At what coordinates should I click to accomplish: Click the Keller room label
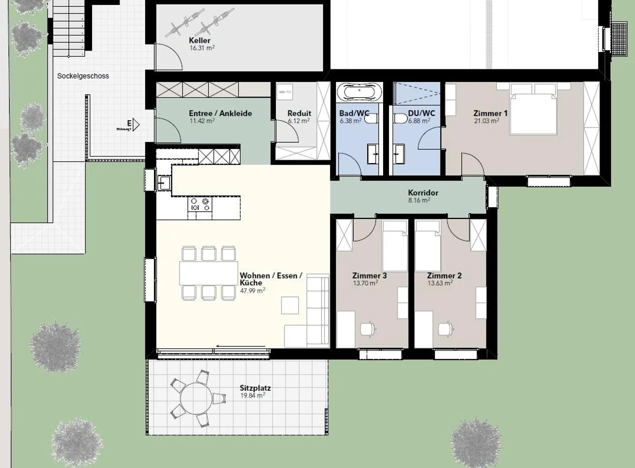tap(200, 40)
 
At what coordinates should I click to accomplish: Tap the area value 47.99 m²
tap(252, 291)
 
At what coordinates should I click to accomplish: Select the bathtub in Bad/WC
tap(359, 93)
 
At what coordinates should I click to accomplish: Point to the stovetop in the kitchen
tap(200, 205)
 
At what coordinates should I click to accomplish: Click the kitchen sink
tap(164, 183)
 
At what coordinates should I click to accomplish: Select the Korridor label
tap(423, 192)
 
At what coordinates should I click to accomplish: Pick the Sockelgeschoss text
tap(83, 76)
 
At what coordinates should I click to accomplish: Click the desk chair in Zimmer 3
tap(367, 329)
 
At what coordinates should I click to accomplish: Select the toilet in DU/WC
tap(400, 119)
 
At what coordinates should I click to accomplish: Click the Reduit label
tap(299, 113)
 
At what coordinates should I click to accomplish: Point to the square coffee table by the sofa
tap(290, 305)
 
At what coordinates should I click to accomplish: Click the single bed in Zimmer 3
tap(395, 246)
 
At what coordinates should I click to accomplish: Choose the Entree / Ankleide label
tap(220, 113)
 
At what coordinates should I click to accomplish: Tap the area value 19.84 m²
tap(252, 396)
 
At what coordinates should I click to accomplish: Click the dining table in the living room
tap(209, 273)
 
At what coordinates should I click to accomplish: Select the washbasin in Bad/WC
tap(373, 154)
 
